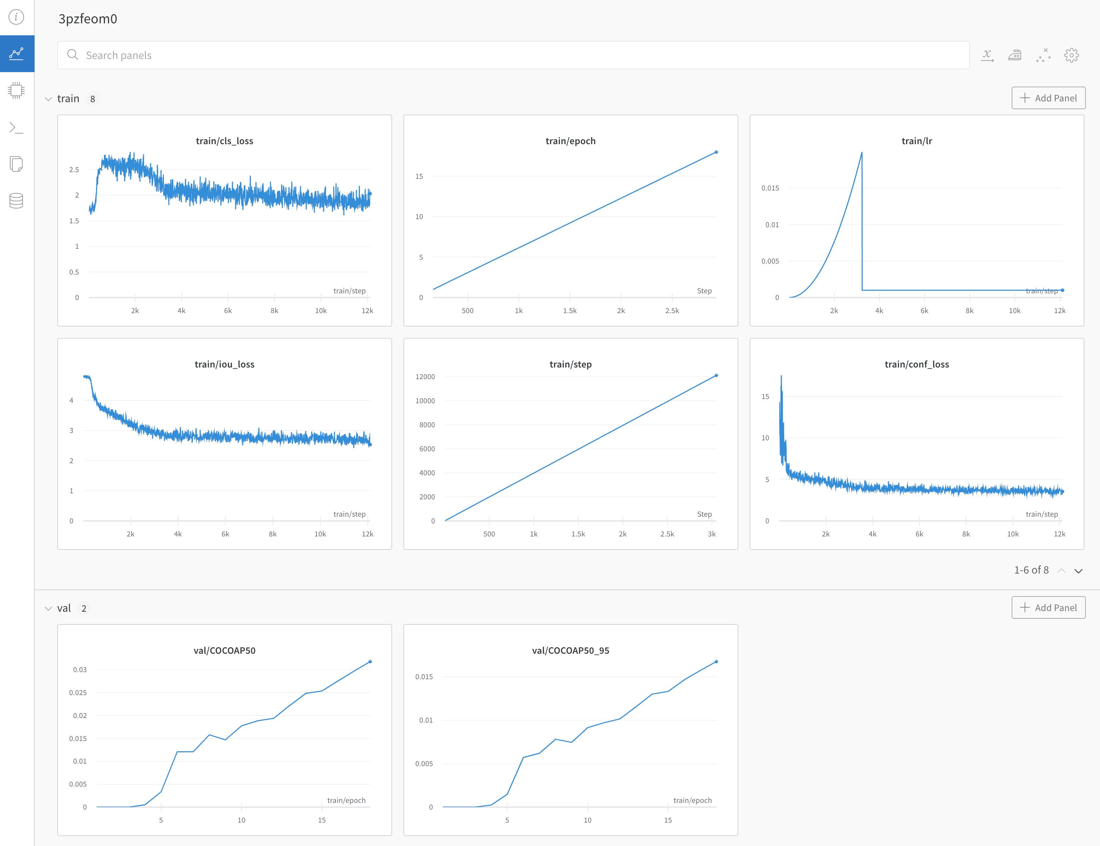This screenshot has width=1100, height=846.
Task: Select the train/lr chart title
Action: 916,141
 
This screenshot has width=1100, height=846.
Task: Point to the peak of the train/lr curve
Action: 861,153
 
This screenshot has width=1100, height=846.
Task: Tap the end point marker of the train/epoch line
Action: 716,152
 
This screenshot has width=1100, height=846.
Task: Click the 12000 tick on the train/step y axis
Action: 425,377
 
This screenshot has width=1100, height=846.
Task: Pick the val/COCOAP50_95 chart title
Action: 570,650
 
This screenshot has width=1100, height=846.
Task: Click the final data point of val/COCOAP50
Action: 370,662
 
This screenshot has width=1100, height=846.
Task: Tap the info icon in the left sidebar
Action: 16,17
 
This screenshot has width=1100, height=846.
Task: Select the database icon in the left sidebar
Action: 16,200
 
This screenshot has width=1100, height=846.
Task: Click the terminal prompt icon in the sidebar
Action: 16,128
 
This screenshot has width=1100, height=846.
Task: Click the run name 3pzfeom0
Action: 88,19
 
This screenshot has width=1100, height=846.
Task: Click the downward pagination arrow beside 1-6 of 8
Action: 1078,571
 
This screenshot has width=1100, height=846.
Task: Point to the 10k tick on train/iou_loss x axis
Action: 320,534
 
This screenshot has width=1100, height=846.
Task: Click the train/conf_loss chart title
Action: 916,364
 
